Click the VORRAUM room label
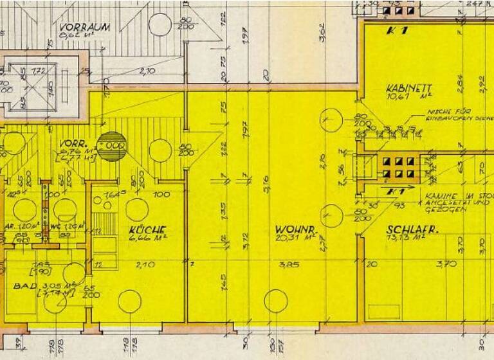(x=84, y=28)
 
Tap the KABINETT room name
(x=408, y=88)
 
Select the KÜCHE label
(x=147, y=230)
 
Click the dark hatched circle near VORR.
(x=113, y=147)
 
